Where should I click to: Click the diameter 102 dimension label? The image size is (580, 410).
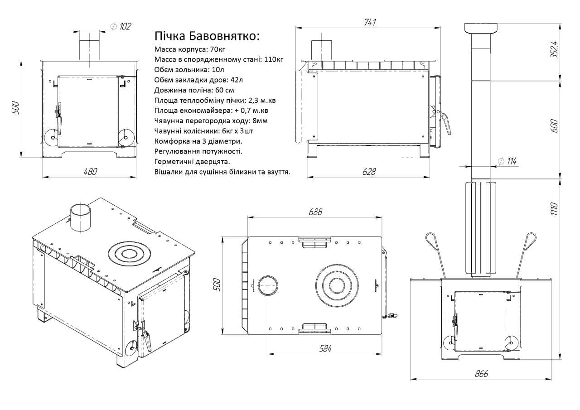click(121, 26)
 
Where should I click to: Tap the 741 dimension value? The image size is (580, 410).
click(370, 23)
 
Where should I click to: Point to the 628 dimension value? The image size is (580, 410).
click(369, 172)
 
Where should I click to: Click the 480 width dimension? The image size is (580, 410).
click(90, 172)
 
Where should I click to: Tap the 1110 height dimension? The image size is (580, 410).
click(554, 209)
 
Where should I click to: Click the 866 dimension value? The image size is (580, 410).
click(481, 374)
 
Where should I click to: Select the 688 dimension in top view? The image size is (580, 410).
click(315, 212)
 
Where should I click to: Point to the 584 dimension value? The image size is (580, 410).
click(325, 349)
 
